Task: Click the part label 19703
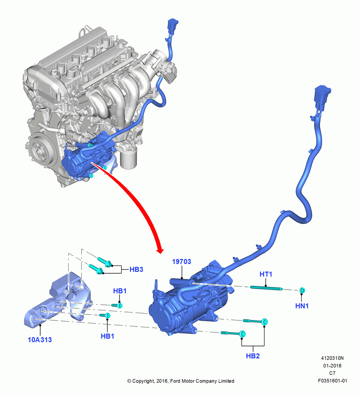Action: coord(182,262)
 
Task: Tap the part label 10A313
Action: coord(40,340)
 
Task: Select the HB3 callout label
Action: coord(136,269)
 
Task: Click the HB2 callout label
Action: coord(253,356)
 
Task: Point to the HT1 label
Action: coord(266,274)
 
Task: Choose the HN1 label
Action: coord(302,306)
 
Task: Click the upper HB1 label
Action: coord(120,291)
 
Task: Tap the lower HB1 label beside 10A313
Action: coord(107,336)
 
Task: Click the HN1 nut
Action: coord(302,290)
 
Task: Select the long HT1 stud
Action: coord(266,288)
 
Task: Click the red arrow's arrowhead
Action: coord(160,250)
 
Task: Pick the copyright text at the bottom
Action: coord(181,381)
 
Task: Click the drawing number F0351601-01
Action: coord(332,381)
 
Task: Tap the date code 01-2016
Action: coord(332,365)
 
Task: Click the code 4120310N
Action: coord(332,358)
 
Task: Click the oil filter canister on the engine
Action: coord(128,159)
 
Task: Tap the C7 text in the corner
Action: coord(332,373)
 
